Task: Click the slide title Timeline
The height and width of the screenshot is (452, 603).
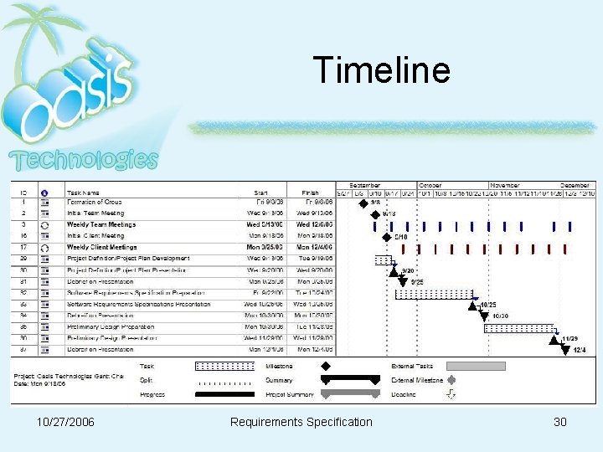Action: pos(381,70)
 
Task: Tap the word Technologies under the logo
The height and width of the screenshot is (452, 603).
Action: pos(83,159)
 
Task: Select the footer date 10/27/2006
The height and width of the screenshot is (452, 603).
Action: pos(65,422)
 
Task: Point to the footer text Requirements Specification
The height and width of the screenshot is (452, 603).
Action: pos(301,422)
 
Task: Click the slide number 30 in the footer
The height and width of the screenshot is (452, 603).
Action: pos(560,422)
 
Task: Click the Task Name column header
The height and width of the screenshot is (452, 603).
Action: pos(83,192)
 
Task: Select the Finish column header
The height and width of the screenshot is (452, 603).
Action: pos(310,192)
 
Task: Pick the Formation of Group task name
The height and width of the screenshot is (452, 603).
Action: pos(95,202)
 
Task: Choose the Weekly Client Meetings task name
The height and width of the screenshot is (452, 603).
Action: pos(101,248)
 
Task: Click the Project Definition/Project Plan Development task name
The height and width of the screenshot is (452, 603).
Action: pos(128,259)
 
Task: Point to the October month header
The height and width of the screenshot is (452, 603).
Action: pos(430,185)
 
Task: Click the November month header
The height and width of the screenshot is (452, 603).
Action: pos(504,185)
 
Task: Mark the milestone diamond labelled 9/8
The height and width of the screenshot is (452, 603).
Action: pos(363,203)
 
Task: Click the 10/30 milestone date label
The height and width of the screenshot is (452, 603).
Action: pos(500,316)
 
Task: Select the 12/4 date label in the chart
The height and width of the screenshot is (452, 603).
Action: pos(580,350)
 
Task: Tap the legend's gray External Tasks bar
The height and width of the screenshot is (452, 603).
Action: pos(476,366)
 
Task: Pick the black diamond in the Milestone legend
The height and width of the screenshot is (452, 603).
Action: pos(326,366)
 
